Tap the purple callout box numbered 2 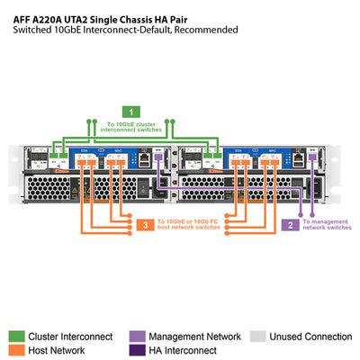click(290, 224)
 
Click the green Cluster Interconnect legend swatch click(15, 337)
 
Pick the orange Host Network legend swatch click(15, 351)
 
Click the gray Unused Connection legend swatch click(256, 337)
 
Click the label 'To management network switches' click(327, 224)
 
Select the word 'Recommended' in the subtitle click(206, 29)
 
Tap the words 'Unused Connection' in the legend click(310, 337)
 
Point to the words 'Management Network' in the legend click(193, 337)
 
